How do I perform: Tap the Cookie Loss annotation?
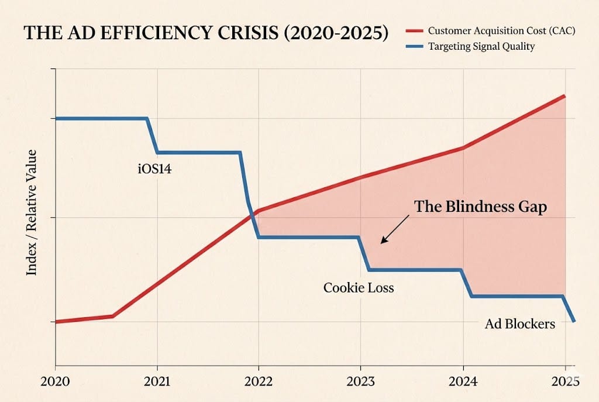pos(359,288)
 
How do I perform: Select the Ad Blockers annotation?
pos(520,324)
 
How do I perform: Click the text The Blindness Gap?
pos(480,207)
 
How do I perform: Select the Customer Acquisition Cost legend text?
pos(501,30)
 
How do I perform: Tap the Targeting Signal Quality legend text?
pos(481,46)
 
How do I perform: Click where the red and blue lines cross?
pos(252,213)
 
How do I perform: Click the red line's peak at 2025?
pos(564,95)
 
